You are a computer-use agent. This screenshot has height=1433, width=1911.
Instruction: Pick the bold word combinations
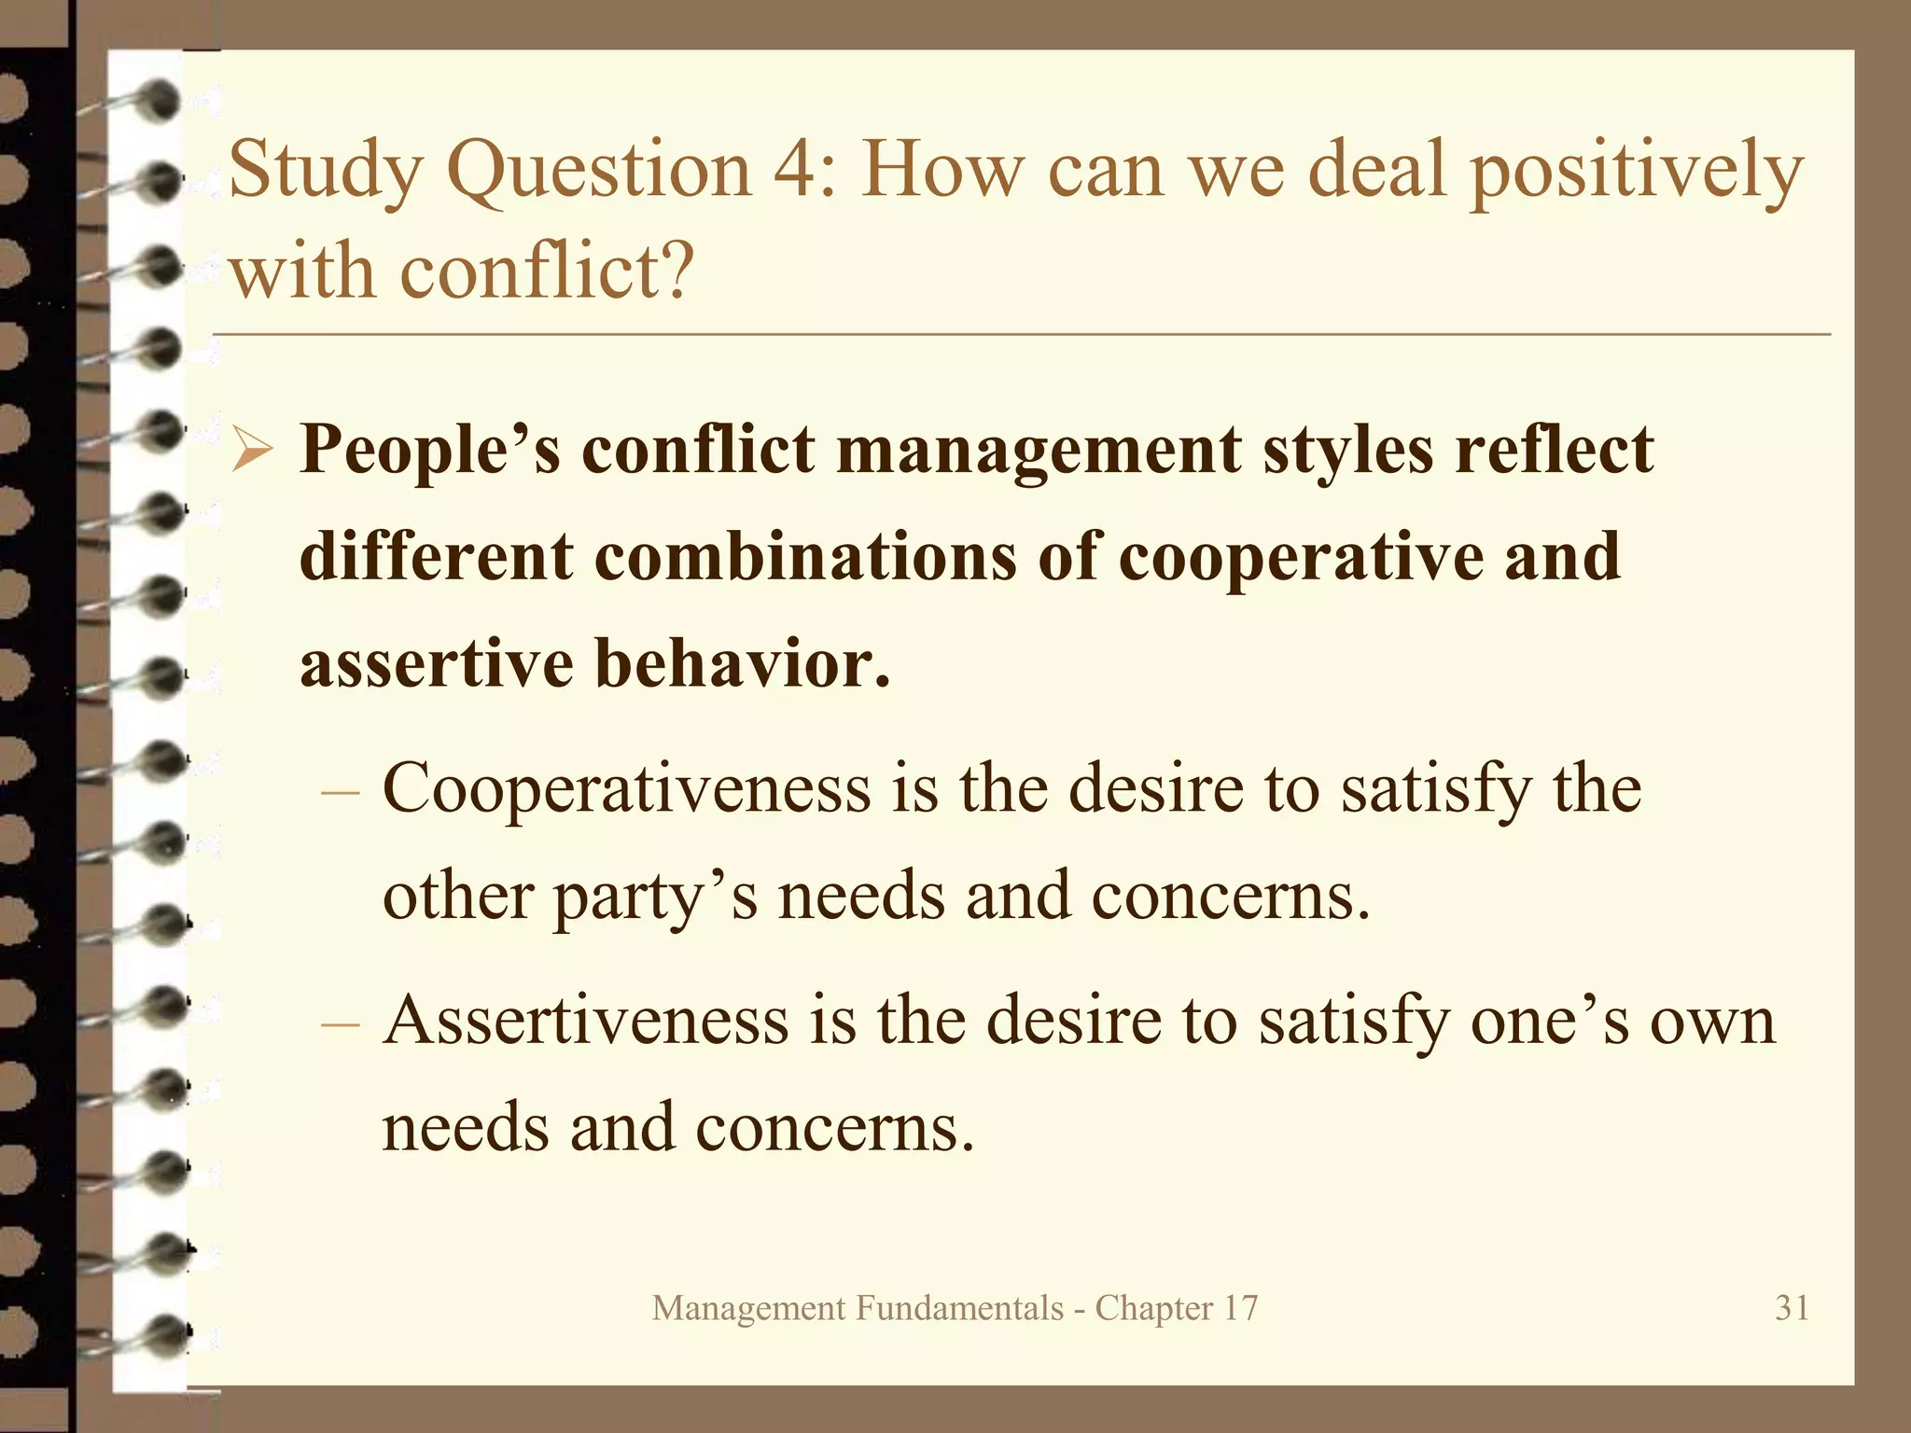[x=804, y=557]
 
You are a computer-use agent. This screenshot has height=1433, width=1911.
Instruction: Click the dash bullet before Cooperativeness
[x=340, y=792]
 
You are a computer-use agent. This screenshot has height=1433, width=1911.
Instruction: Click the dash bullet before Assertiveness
[x=340, y=1023]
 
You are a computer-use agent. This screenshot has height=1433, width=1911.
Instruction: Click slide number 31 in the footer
[x=1792, y=1308]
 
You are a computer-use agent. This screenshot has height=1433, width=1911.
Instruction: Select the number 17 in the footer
[x=1239, y=1308]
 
